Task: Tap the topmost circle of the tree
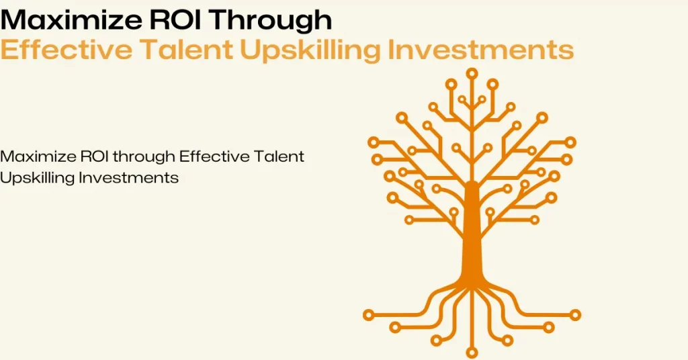tap(472, 73)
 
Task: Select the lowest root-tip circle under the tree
tap(472, 352)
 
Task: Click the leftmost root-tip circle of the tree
tap(368, 314)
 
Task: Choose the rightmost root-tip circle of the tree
tap(575, 314)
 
